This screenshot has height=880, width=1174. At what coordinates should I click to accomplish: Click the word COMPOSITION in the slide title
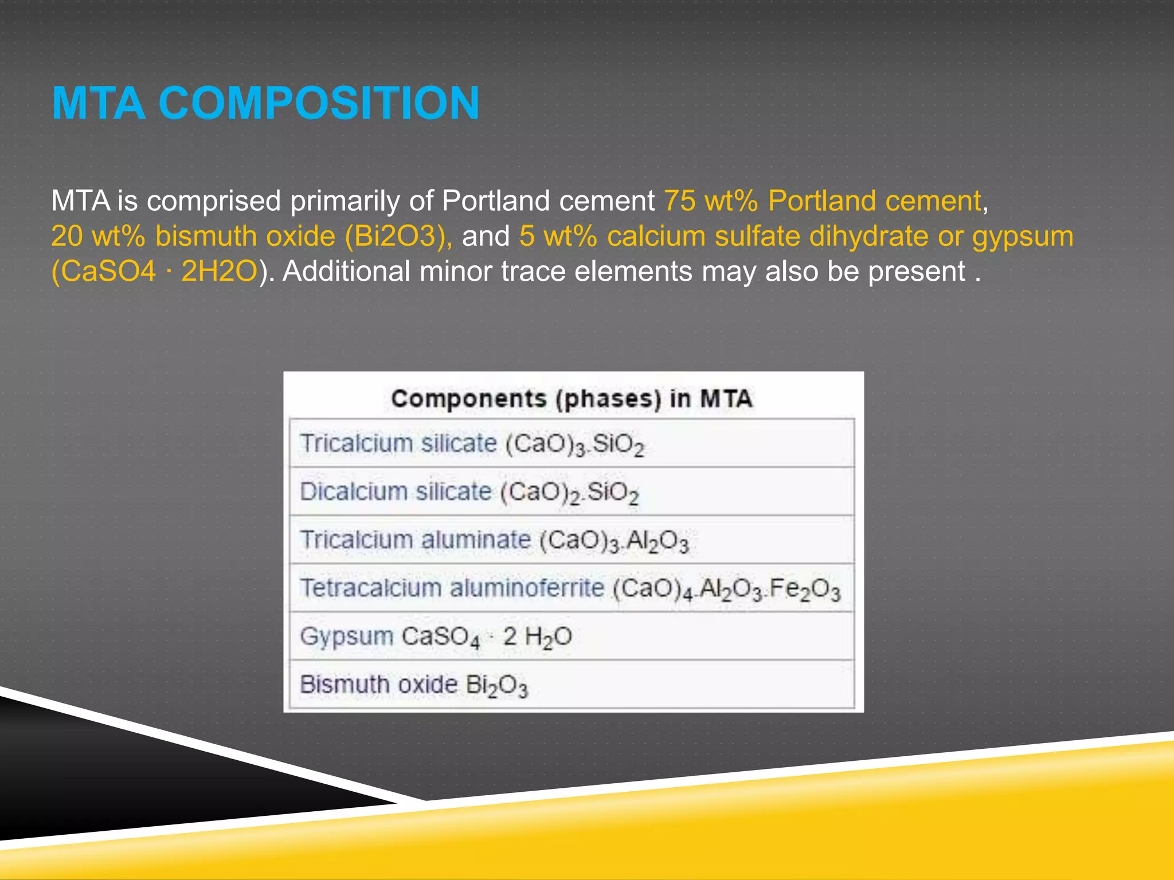[x=319, y=104]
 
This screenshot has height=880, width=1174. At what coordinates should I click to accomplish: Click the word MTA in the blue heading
[x=98, y=104]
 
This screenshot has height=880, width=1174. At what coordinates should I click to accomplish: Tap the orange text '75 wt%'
[x=711, y=201]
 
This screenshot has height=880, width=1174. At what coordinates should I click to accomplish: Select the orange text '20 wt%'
[x=98, y=236]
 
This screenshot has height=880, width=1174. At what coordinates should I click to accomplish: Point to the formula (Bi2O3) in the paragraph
[x=398, y=236]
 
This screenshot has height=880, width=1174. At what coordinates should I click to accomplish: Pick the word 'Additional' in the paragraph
[x=346, y=271]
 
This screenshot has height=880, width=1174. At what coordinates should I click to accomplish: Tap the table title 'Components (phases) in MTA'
[x=572, y=399]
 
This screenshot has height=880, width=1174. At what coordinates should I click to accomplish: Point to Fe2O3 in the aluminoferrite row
[x=805, y=590]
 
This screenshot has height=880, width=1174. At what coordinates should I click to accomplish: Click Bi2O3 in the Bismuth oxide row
[x=496, y=686]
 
